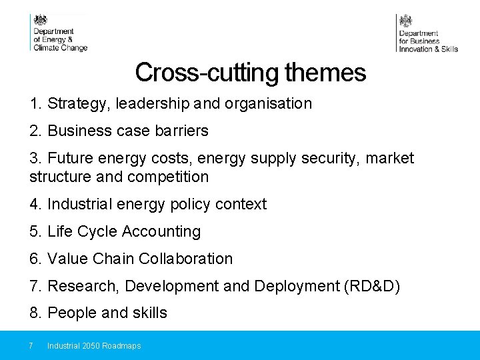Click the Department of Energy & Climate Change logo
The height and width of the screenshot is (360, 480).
[59, 33]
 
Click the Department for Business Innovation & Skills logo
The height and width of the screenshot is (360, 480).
[427, 33]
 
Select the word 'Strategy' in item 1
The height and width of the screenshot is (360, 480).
[79, 104]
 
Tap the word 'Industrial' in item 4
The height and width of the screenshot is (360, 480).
[80, 205]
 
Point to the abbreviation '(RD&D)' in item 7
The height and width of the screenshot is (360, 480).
[371, 286]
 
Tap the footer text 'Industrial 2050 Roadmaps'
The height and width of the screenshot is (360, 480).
[94, 346]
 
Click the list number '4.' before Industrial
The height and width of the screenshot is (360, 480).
[36, 205]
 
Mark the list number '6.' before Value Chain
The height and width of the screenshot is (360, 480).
[36, 259]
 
